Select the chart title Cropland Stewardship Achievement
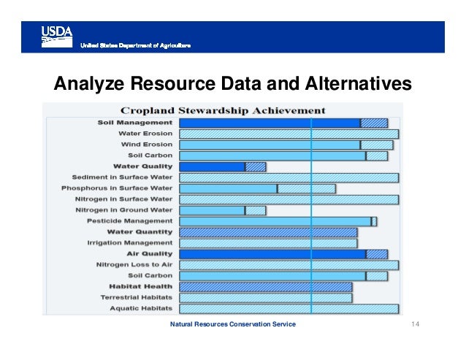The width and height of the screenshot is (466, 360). click(223, 110)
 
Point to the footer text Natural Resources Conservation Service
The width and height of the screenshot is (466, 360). click(232, 324)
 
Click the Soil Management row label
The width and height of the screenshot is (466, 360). click(135, 123)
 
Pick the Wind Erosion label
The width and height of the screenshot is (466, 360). click(147, 145)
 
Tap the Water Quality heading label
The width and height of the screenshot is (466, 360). click(142, 166)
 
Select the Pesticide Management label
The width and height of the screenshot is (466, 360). click(130, 221)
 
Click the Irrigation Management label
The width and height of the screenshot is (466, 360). click(130, 242)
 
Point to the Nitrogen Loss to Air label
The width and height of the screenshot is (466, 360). click(134, 264)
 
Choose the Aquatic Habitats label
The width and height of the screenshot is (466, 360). click(141, 308)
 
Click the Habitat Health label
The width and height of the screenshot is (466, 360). click(141, 286)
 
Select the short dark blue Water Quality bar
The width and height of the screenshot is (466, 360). click(212, 166)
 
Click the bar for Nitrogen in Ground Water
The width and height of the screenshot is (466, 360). click(212, 210)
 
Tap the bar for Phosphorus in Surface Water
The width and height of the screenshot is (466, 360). click(228, 188)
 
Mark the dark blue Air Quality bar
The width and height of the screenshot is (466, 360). click(272, 254)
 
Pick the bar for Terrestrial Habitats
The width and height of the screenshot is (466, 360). click(265, 298)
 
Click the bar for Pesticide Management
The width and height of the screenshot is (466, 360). click(275, 221)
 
